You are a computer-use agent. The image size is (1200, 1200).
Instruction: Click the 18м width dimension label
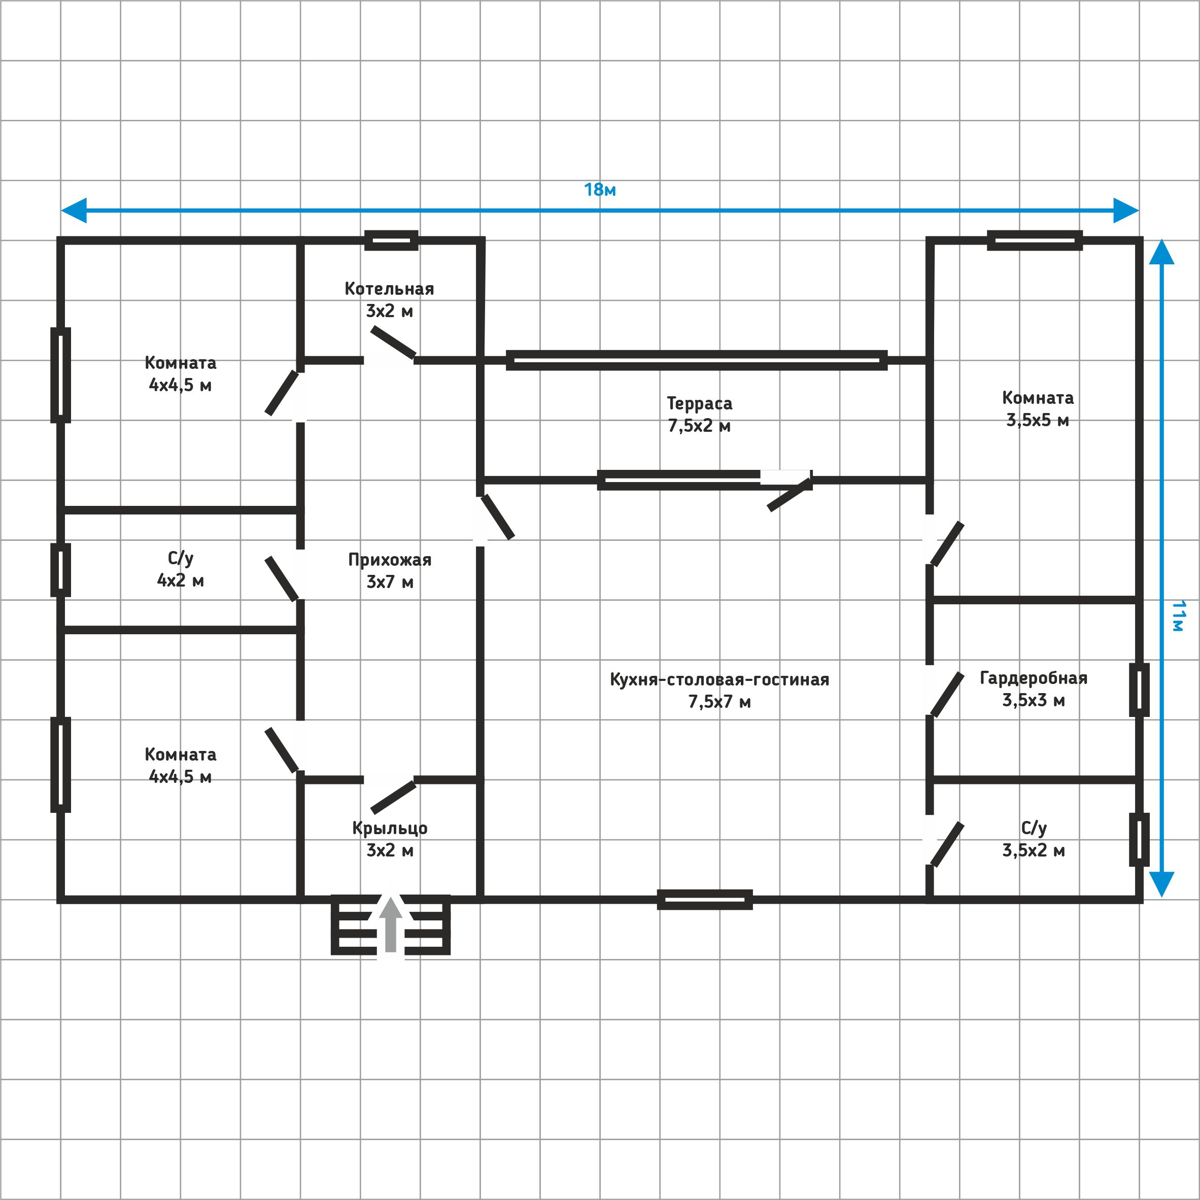(x=599, y=189)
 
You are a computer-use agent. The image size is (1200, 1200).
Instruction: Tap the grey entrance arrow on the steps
(x=391, y=924)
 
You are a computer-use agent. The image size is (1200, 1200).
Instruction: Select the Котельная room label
(x=390, y=299)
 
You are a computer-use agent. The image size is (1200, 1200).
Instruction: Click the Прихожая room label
(x=390, y=570)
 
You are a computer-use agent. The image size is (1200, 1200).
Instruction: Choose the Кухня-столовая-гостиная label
(x=719, y=690)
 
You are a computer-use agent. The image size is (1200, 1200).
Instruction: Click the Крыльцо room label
(x=390, y=839)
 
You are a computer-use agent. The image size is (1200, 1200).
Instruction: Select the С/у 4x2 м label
(x=180, y=569)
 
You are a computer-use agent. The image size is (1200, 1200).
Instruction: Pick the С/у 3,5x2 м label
(x=1034, y=839)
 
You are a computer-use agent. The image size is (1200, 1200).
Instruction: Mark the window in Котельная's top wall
(x=391, y=241)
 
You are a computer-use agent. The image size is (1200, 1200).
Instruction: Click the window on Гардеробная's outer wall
(x=1139, y=690)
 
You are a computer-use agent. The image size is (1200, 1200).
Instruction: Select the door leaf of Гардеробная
(x=947, y=695)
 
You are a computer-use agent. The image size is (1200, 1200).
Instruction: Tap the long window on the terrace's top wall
(x=697, y=360)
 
